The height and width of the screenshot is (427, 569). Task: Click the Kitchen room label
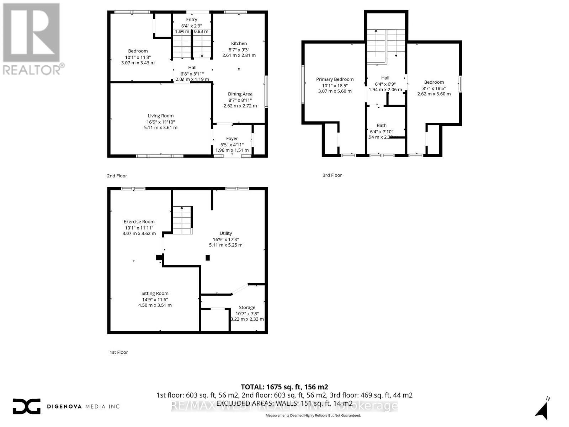tap(239, 43)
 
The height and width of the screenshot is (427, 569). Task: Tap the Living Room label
tap(161, 116)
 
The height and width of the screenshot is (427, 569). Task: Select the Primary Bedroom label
tap(335, 79)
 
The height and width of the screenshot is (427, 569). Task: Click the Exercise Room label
tap(139, 221)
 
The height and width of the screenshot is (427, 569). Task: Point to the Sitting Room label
tap(155, 293)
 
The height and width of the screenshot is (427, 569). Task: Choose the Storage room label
tap(247, 307)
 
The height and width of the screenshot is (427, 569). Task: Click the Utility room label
tap(225, 233)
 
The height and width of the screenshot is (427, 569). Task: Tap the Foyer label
tap(232, 138)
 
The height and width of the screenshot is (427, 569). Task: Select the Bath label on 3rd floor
tap(382, 125)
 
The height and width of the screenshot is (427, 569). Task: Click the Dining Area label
tap(240, 94)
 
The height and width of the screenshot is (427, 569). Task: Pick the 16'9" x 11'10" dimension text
tap(161, 122)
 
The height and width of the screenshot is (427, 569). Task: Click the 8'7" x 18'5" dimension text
tap(434, 88)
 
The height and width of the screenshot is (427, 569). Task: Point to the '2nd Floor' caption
tap(117, 176)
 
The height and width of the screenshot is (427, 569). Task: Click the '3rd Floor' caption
tap(332, 175)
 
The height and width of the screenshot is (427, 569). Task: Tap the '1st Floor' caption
tap(118, 352)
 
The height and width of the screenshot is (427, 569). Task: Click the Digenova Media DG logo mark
tap(26, 406)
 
